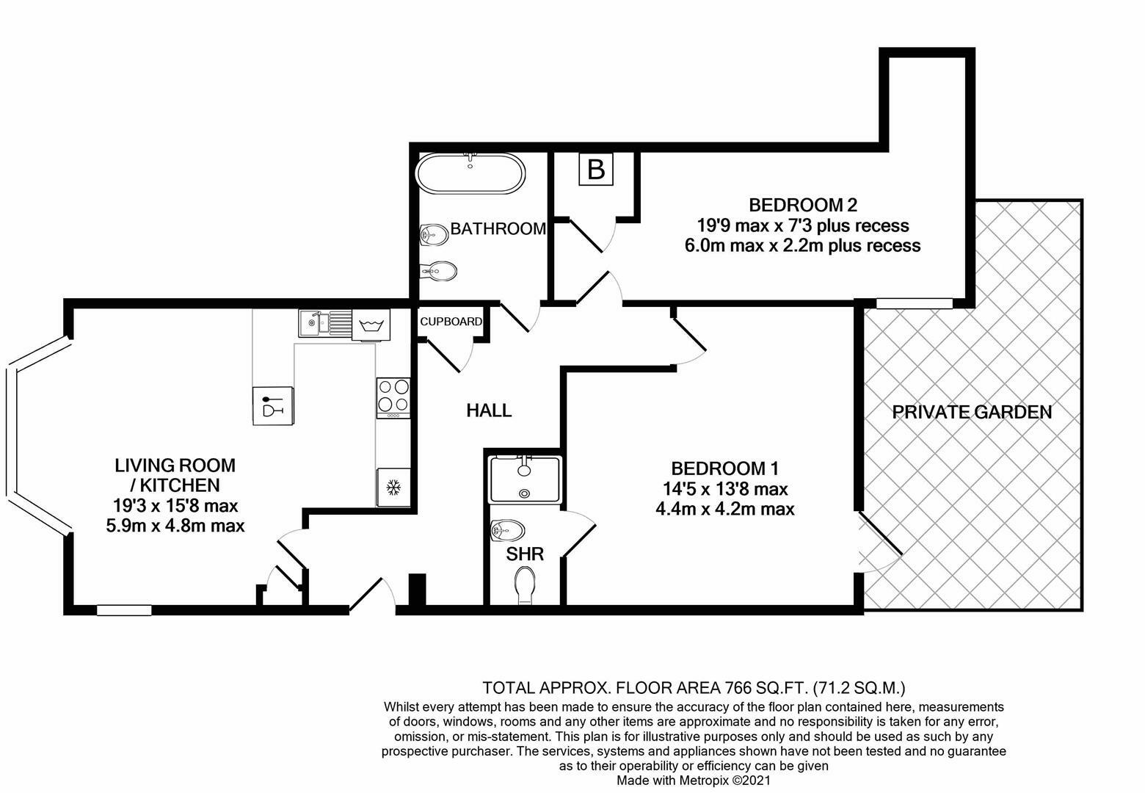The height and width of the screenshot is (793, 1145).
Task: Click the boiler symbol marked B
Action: [x=596, y=170]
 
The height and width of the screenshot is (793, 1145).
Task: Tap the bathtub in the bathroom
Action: [x=470, y=174]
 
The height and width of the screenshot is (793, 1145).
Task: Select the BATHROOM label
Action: [x=498, y=229]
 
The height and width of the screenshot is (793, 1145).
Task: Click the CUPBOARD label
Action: [x=451, y=322]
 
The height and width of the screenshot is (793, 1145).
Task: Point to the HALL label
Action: [x=489, y=410]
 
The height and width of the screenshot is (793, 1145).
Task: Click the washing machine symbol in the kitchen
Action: [x=371, y=325]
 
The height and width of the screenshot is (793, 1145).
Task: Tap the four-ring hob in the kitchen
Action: [x=393, y=395]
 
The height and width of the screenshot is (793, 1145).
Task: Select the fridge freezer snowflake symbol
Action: [x=393, y=487]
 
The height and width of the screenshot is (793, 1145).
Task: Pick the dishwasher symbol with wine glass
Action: [x=272, y=405]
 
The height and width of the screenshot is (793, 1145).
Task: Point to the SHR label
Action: [x=525, y=554]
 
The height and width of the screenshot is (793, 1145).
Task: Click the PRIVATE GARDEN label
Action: [x=972, y=412]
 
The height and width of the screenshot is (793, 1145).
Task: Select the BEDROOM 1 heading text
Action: [x=724, y=468]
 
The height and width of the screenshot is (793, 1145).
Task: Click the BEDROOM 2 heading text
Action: [x=802, y=204]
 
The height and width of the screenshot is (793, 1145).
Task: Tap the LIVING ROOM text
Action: [x=175, y=465]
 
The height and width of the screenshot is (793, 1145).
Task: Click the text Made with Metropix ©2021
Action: [x=693, y=781]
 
